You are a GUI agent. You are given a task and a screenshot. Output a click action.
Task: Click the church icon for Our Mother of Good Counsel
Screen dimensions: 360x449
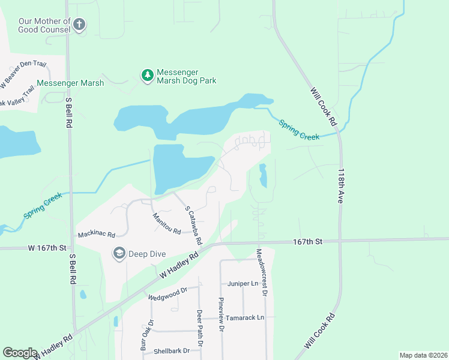point(79,25)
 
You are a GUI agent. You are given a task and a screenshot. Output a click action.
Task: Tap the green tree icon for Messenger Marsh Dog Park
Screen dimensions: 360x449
point(146,76)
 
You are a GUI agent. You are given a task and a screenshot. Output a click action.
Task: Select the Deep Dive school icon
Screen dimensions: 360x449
point(119,254)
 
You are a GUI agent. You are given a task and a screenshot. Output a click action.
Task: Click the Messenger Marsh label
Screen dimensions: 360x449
point(70,83)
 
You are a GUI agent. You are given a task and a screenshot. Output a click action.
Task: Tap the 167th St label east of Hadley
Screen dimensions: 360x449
point(308,241)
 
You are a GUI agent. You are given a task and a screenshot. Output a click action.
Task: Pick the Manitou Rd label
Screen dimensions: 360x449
point(166,224)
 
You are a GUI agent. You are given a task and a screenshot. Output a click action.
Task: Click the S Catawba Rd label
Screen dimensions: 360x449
point(192,225)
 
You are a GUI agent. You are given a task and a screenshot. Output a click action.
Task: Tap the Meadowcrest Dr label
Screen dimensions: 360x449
point(262,272)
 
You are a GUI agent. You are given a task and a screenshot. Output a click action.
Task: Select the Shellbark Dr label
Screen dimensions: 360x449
point(172,351)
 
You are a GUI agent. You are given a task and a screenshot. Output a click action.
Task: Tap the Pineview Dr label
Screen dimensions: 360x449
point(221,315)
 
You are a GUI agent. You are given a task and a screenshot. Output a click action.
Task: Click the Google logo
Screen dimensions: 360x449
point(20,353)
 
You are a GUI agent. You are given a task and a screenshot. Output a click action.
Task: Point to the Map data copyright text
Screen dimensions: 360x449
point(423,355)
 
